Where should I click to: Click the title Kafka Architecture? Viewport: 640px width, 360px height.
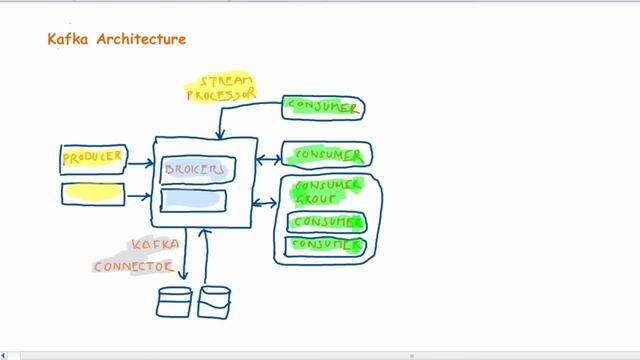tap(117, 40)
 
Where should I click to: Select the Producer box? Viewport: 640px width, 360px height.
tap(94, 158)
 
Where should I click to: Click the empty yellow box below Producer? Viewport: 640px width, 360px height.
tap(94, 191)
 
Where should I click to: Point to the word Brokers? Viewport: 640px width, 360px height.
tap(195, 169)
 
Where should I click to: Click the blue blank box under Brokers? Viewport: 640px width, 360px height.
tap(193, 200)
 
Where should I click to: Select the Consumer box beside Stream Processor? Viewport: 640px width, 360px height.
tap(322, 106)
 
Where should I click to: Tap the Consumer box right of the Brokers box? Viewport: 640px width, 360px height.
tap(326, 155)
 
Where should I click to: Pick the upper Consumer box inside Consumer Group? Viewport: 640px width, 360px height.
tap(326, 221)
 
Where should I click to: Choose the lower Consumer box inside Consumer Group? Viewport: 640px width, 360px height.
tap(326, 244)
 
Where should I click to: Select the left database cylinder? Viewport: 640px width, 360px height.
tap(175, 301)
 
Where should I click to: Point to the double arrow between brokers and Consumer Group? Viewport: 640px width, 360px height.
tap(266, 203)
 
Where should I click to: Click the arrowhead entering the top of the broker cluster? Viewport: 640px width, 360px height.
tap(219, 135)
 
